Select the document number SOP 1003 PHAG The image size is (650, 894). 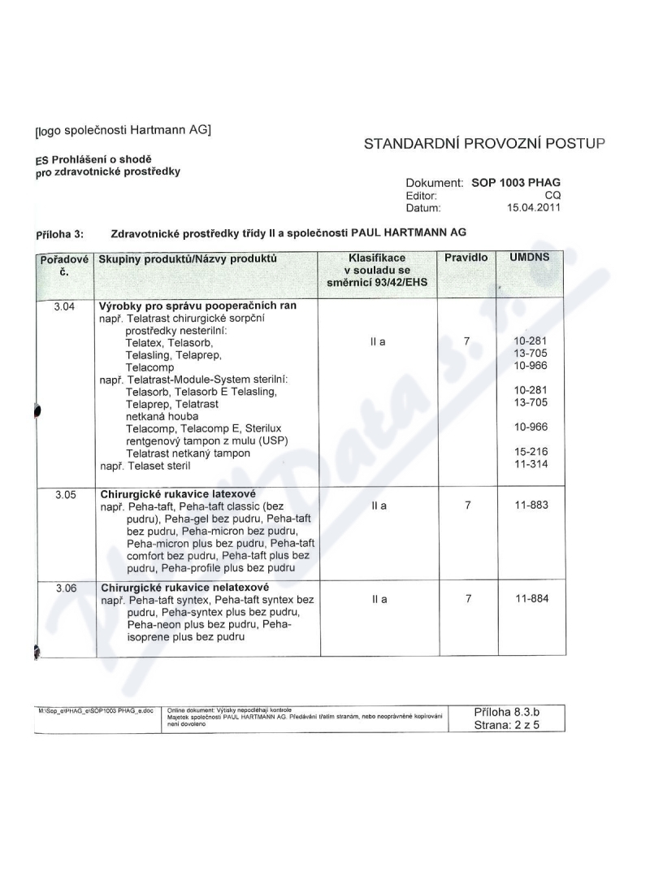(x=516, y=183)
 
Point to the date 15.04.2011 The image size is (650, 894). (x=533, y=208)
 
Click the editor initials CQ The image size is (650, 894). (x=552, y=196)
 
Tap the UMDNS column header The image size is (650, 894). (x=529, y=258)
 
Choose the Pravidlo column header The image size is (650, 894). (x=466, y=258)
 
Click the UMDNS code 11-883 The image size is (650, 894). (x=531, y=506)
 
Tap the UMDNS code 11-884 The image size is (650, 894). (x=531, y=599)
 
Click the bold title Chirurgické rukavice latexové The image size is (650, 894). (x=178, y=493)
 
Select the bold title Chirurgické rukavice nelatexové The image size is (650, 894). (x=184, y=587)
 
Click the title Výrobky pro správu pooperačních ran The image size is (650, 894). (x=197, y=306)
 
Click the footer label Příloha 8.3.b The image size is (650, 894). (x=506, y=712)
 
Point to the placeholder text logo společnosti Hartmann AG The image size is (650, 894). (x=123, y=128)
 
